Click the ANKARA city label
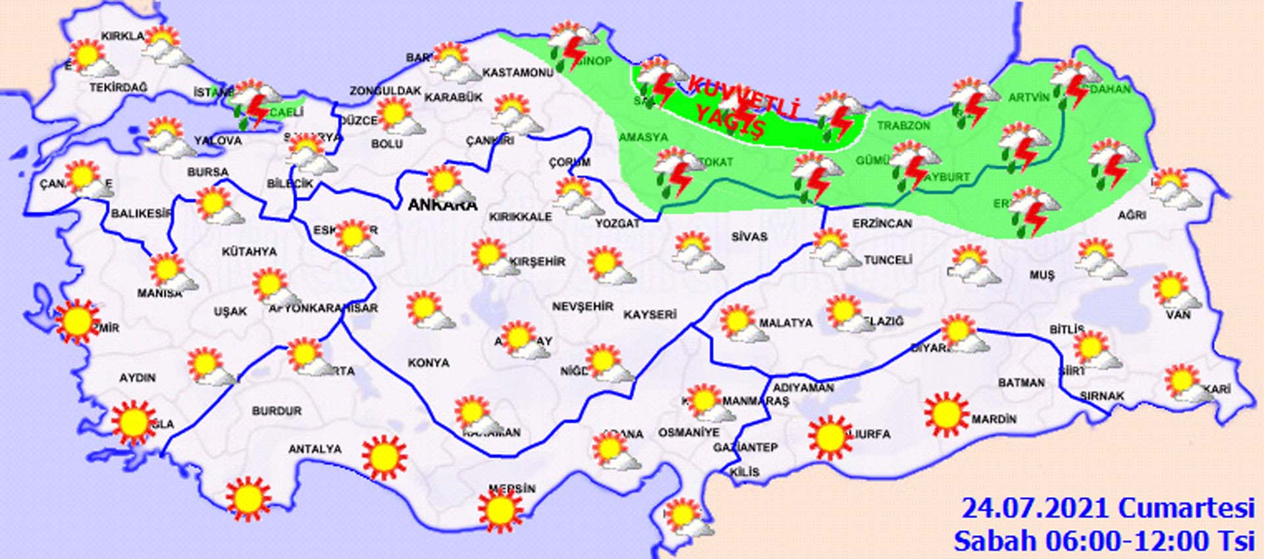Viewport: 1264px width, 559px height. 442,205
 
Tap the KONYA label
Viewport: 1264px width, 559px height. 429,363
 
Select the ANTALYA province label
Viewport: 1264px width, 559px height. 315,449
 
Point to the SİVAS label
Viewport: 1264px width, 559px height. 749,236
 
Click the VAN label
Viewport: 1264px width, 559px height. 1178,315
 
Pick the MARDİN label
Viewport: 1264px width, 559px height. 994,419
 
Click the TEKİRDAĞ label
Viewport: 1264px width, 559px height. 118,88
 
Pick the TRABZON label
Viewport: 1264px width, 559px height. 903,125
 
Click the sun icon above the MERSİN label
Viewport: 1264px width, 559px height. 500,510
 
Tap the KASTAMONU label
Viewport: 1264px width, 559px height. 517,72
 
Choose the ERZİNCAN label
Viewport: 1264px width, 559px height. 882,224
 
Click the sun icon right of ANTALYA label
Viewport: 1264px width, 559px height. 384,456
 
